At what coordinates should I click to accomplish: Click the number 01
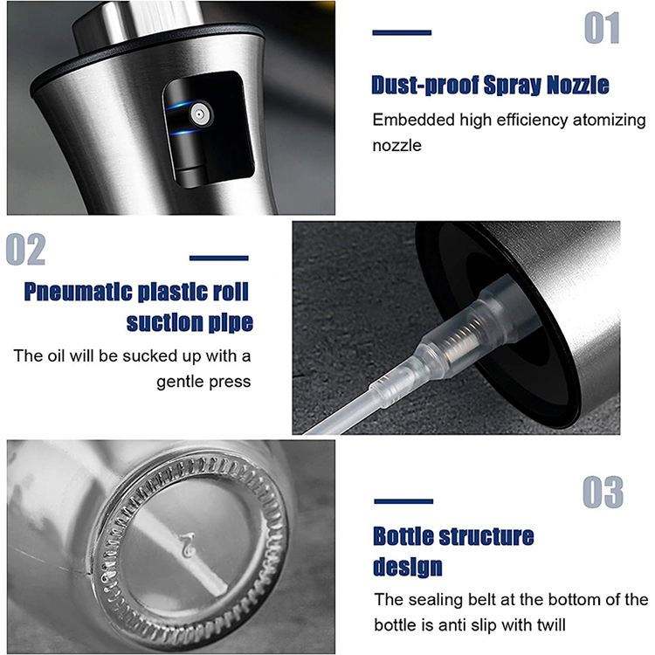click(x=602, y=28)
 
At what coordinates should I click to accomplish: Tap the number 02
click(x=26, y=250)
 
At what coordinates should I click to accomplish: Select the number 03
click(x=603, y=492)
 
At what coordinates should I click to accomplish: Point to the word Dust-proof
click(x=425, y=86)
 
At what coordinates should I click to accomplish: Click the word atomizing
click(x=609, y=121)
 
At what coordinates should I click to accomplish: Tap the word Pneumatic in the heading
click(x=78, y=292)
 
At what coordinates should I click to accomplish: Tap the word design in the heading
click(x=407, y=568)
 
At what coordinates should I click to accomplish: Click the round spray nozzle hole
click(x=199, y=114)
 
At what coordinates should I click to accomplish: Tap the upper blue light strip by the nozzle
click(x=180, y=105)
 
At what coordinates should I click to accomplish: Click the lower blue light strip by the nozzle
click(x=183, y=133)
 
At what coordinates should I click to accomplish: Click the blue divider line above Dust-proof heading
click(x=402, y=32)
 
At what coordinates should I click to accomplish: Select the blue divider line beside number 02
click(x=219, y=259)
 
